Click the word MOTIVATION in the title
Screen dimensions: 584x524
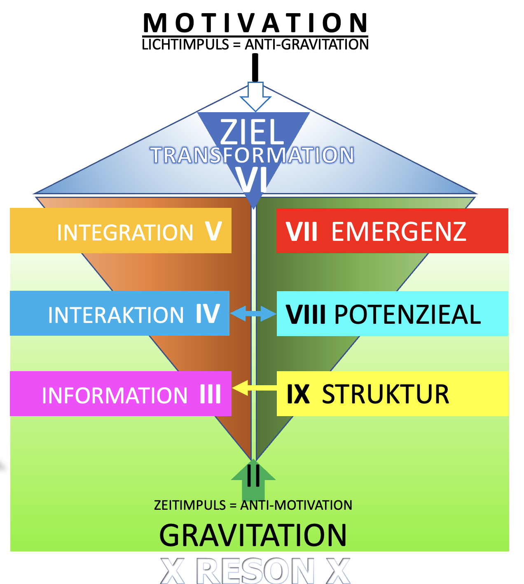coord(255,23)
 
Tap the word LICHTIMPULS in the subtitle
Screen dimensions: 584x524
coord(185,45)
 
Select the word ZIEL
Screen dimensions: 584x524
coord(253,132)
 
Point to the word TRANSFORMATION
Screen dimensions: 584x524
coord(253,155)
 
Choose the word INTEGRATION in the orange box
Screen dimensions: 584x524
coord(125,233)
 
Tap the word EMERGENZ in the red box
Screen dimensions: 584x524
coord(399,232)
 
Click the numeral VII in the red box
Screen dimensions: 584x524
coord(302,232)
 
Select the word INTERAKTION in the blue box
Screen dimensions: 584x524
coord(116,315)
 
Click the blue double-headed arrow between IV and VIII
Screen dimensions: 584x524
coord(253,314)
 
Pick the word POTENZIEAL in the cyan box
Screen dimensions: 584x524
coord(407,315)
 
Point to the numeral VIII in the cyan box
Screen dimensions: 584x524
coord(306,315)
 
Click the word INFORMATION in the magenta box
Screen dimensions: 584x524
coord(115,396)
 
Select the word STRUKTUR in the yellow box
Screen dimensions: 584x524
coord(385,394)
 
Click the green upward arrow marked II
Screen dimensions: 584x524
coord(253,480)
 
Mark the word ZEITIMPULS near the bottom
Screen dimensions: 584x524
coord(190,505)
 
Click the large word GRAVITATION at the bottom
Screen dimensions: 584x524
coord(253,535)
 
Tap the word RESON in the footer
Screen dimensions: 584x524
coord(255,571)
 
